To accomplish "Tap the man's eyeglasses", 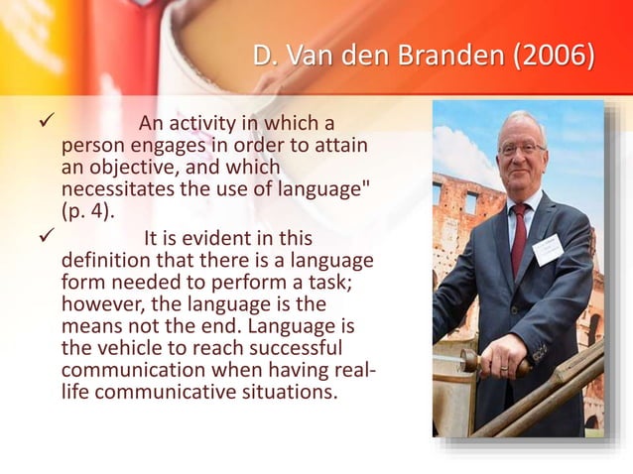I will [x=521, y=149].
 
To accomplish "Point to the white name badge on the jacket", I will [x=548, y=247].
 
